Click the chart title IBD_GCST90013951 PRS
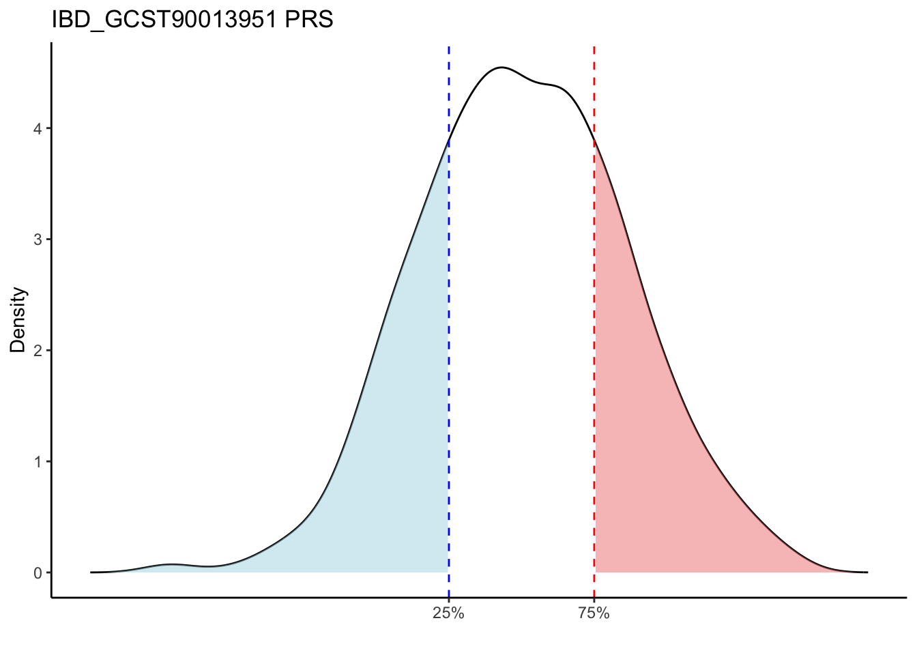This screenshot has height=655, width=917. tap(192, 20)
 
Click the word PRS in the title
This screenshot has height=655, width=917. tap(309, 20)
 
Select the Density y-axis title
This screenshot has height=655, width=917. tap(18, 320)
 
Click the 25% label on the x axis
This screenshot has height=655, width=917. tap(448, 613)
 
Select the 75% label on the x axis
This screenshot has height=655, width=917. tap(594, 613)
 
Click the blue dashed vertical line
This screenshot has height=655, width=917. tap(449, 341)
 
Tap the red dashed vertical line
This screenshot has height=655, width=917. tap(594, 341)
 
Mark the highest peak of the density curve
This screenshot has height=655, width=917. tap(501, 68)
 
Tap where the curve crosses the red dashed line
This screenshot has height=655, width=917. tap(594, 141)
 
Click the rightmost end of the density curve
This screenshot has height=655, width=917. tap(867, 572)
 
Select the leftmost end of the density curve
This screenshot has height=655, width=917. tap(91, 572)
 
